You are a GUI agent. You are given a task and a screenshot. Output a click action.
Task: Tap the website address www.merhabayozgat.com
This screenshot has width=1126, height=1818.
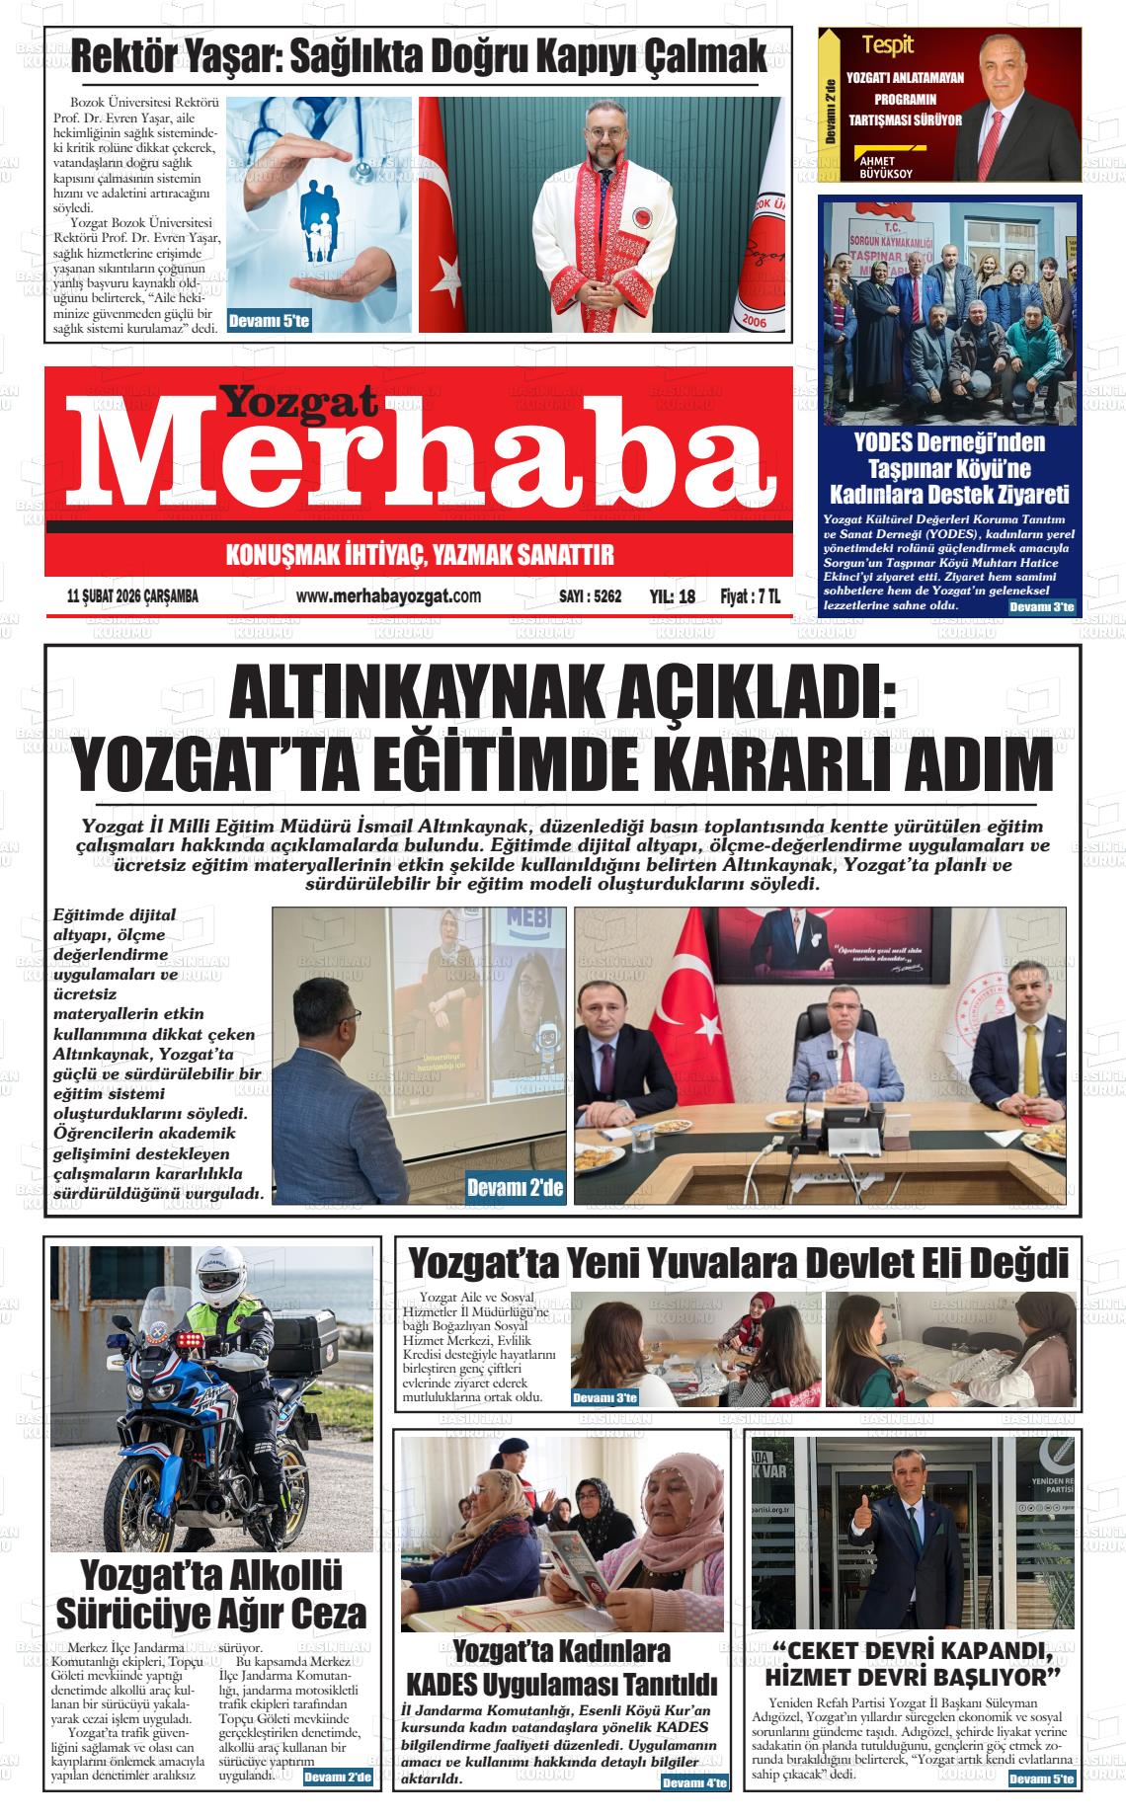[x=388, y=596]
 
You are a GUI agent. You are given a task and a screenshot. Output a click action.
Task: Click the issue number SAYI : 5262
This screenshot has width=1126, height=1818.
[x=590, y=596]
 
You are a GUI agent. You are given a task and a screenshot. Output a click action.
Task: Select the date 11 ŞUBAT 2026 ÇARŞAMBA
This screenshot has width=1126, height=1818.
[x=132, y=596]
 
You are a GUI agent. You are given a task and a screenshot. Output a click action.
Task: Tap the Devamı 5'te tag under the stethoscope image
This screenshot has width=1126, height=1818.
[x=270, y=321]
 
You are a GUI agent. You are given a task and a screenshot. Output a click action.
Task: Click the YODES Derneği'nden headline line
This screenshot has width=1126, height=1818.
[x=949, y=442]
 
